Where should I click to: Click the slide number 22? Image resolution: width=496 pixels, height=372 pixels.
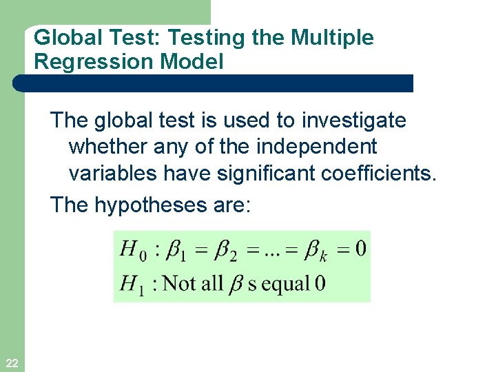coord(12,363)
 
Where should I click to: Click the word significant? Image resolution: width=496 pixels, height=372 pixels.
coord(267,174)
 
